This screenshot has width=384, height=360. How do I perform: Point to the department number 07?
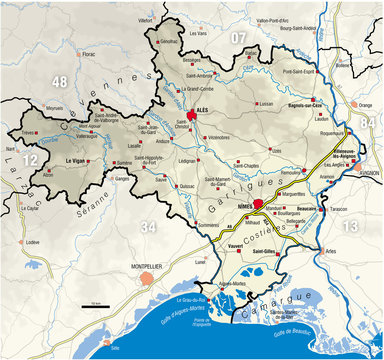point(238,37)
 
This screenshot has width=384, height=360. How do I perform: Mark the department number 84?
point(373,121)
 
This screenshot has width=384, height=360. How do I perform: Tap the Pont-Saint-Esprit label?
point(301,72)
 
